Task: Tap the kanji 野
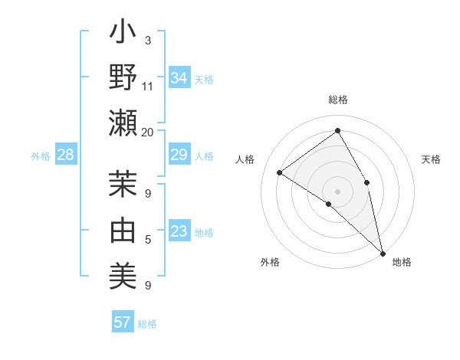coord(123,78)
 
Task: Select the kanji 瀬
coord(123,122)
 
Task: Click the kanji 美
coord(123,273)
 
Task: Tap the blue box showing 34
coord(179,78)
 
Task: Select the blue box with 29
coord(179,155)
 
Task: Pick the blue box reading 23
coord(179,232)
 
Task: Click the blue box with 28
coord(66,155)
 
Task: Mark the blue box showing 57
coord(123,322)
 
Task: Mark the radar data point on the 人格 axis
coord(279,172)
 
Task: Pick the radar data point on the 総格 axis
coord(337,131)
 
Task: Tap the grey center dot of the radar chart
coord(337,191)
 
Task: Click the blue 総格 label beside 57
coord(147,324)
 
